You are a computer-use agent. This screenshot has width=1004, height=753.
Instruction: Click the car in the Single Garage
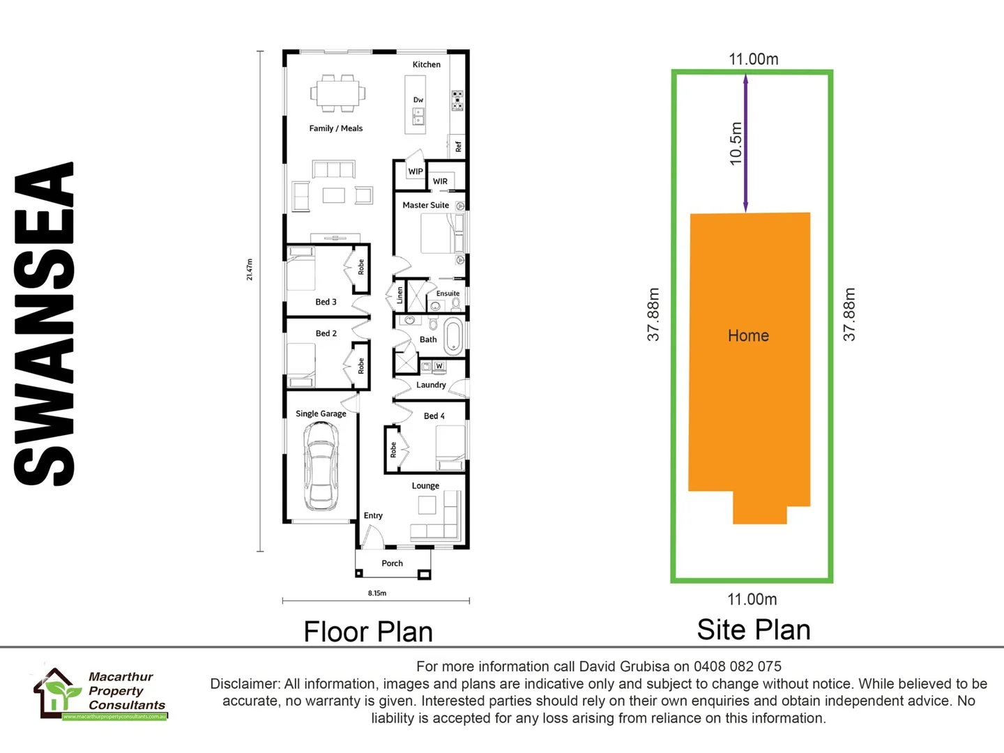click(x=321, y=466)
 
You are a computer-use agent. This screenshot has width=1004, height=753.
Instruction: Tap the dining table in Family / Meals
click(x=338, y=93)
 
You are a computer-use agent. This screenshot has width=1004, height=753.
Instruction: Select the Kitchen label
click(x=426, y=65)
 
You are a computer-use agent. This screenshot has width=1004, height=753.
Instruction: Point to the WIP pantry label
click(x=416, y=172)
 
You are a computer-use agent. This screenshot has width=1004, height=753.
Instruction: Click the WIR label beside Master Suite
click(x=440, y=181)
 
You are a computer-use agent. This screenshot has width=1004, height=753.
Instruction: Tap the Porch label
click(x=392, y=563)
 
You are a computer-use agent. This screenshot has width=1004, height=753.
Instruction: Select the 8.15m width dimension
click(x=377, y=593)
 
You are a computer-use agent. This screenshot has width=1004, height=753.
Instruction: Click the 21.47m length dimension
click(x=250, y=269)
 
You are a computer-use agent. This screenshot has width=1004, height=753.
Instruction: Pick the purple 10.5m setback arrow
click(x=745, y=143)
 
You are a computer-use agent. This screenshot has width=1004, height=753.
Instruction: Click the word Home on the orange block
click(x=748, y=336)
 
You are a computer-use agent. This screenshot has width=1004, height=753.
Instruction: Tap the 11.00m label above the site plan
click(x=753, y=59)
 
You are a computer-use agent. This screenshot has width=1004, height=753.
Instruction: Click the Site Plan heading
click(x=754, y=630)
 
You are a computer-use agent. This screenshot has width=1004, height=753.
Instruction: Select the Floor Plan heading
click(x=368, y=632)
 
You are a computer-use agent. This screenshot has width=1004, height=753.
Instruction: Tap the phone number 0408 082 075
click(x=737, y=667)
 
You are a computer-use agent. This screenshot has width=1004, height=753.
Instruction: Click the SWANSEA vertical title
click(x=45, y=324)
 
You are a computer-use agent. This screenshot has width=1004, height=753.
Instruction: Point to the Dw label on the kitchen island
click(x=418, y=100)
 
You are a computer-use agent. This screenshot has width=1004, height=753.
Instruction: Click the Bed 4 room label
click(x=434, y=416)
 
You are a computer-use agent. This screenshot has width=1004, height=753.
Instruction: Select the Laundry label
click(x=431, y=385)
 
